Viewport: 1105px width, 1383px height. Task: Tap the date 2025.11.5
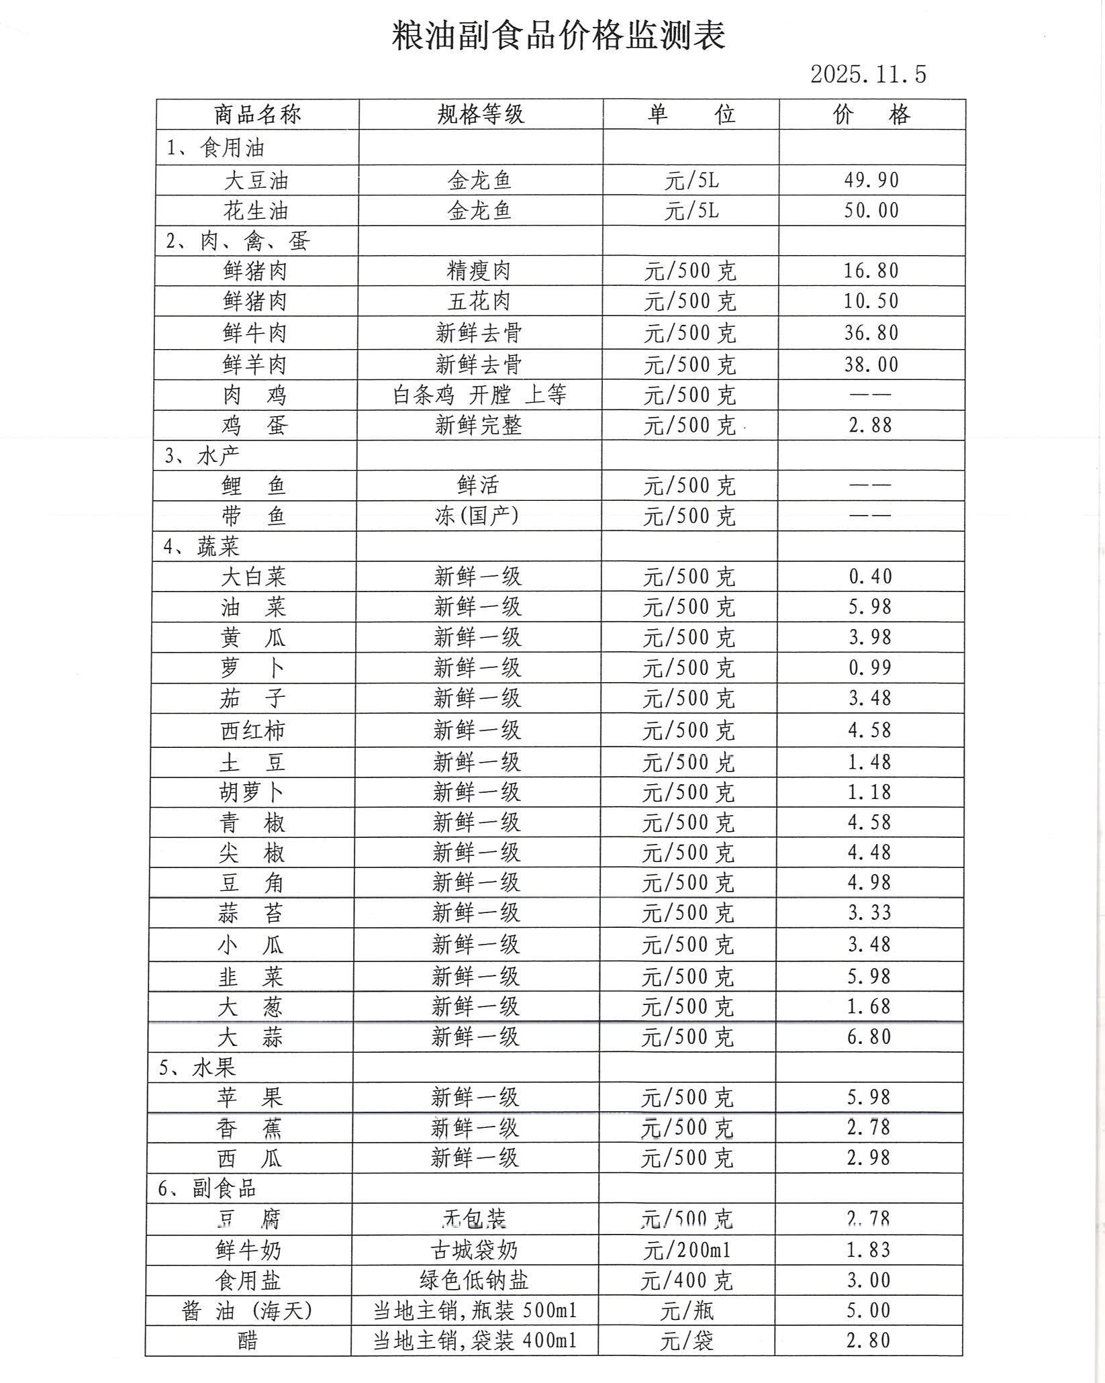(x=867, y=75)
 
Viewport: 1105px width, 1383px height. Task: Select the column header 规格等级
(x=480, y=115)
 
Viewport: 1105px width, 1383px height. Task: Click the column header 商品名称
(x=258, y=115)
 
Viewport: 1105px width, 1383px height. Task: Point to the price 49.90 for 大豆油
(x=871, y=180)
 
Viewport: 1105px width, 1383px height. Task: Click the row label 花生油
(x=256, y=211)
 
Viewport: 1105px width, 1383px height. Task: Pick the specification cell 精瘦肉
(x=479, y=271)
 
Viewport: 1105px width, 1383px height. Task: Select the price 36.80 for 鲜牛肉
(x=871, y=333)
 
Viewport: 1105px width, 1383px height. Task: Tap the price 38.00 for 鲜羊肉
(x=871, y=365)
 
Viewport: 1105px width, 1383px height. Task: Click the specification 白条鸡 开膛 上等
(x=479, y=395)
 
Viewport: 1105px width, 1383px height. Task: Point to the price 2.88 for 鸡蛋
(x=870, y=425)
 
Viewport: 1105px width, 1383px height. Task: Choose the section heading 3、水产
(x=202, y=456)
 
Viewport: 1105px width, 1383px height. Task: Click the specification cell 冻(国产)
(x=477, y=516)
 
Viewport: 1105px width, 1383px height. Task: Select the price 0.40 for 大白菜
(x=870, y=576)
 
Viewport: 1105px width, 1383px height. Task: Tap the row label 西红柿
(x=253, y=730)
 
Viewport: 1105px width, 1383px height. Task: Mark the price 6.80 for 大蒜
(x=869, y=1037)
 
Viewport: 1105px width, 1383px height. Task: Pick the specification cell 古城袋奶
(x=475, y=1250)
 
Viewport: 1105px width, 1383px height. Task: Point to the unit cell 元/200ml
(x=687, y=1250)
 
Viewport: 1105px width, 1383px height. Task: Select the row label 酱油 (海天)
(x=248, y=1310)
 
